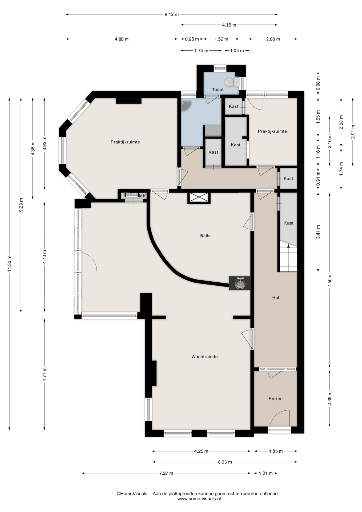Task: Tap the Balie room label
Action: point(205,236)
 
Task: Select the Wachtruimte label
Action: point(204,357)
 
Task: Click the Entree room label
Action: point(275,399)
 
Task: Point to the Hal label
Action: point(276,298)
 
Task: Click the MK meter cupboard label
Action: point(143,196)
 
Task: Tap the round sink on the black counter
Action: point(240,283)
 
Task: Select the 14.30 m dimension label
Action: point(10,264)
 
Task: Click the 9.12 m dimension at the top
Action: point(171,14)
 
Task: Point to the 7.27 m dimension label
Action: point(166,473)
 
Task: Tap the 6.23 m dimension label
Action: point(225,462)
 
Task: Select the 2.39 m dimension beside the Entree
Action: point(330,398)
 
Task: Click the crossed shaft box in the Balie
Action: point(199,198)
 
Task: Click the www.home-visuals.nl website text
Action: point(199,499)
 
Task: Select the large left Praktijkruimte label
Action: point(125,142)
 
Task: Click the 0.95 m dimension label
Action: point(192,39)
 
